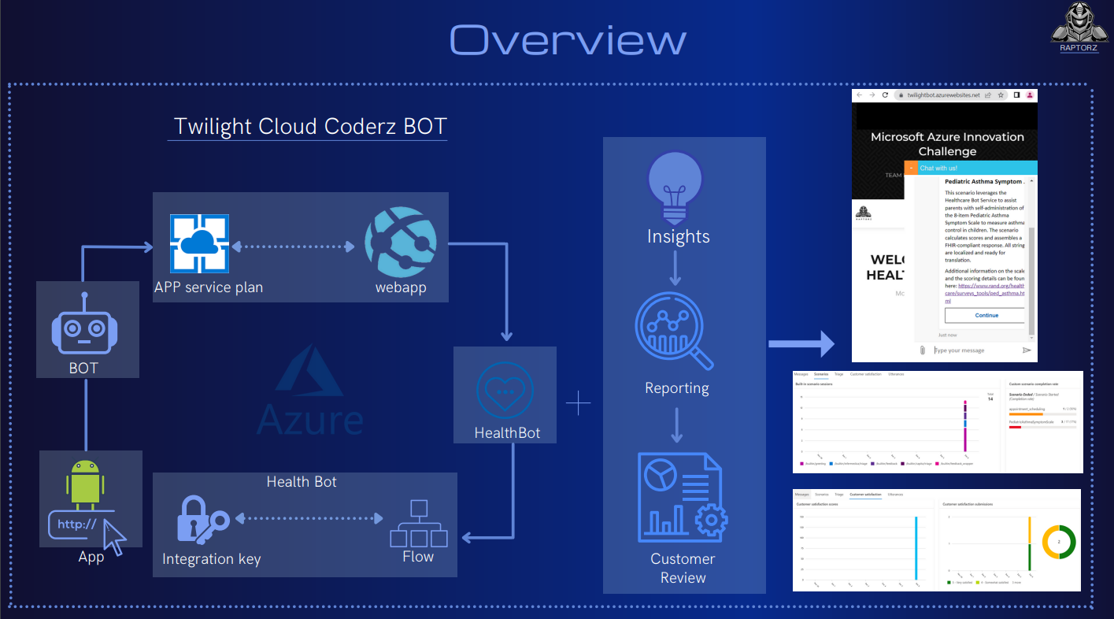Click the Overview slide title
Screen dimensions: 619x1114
coord(568,39)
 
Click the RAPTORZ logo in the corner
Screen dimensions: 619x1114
coord(1080,28)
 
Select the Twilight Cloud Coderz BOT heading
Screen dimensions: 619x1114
coord(310,126)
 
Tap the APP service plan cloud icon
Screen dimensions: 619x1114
coord(199,244)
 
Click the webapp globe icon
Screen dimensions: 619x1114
coord(400,245)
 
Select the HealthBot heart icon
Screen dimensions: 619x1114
coord(505,390)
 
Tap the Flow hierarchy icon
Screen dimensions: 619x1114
coord(419,524)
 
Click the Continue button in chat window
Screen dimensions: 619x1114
coord(986,315)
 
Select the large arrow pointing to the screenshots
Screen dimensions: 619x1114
coord(801,343)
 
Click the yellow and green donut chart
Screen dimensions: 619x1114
coord(1059,543)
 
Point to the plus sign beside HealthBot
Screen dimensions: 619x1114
coord(578,404)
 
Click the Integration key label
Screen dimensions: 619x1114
coord(211,559)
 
